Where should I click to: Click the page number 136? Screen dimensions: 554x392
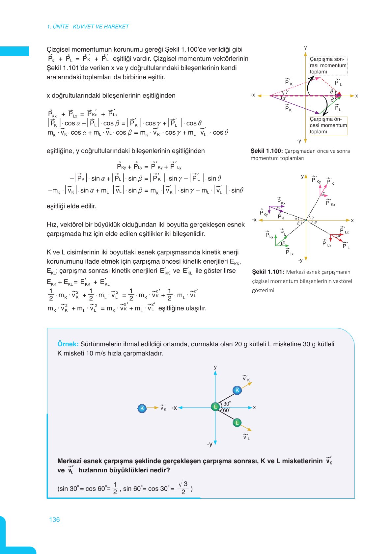[x=54, y=519]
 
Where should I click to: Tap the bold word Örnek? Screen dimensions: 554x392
[x=68, y=344]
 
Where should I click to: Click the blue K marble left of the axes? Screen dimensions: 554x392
[x=142, y=408]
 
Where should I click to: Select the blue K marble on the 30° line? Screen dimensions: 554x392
[x=237, y=390]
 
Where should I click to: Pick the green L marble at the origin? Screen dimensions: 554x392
[x=215, y=407]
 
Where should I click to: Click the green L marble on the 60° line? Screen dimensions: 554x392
[x=237, y=423]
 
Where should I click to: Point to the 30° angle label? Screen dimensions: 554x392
[x=227, y=404]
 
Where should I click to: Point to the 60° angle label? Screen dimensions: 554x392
[x=227, y=410]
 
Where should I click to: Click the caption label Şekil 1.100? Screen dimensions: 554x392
[x=266, y=151]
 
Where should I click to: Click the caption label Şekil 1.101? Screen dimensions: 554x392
[x=268, y=272]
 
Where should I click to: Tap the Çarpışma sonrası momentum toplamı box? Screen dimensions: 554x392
[x=328, y=66]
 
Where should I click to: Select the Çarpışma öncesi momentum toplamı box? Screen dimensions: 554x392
[x=328, y=125]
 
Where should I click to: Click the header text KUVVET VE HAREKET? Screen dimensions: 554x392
[x=101, y=27]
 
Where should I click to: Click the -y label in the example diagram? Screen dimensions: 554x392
[x=210, y=444]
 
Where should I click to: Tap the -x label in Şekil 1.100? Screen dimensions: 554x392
[x=253, y=95]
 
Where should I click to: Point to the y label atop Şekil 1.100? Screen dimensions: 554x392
[x=305, y=48]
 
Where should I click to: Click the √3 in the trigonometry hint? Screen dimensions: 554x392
[x=183, y=484]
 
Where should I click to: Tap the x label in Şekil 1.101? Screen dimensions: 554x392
[x=352, y=220]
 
